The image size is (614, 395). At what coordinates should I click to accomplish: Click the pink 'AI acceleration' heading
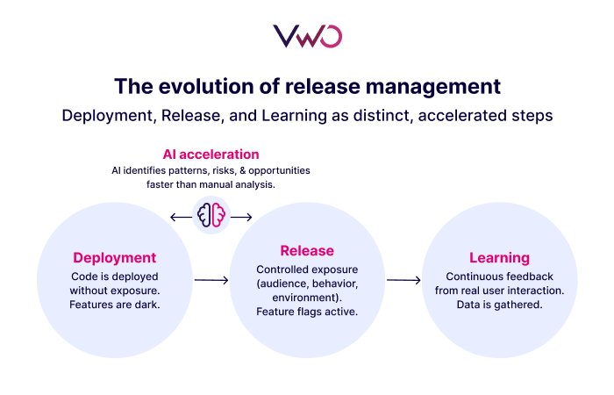coord(211,154)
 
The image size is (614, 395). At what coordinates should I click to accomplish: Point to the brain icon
coord(211,216)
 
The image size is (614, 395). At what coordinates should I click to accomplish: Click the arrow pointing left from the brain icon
coord(180,217)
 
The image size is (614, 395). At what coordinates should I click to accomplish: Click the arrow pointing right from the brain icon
coord(242,217)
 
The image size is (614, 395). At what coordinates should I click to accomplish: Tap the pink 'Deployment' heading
coord(114,258)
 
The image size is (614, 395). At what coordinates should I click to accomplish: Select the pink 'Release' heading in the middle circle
coord(306,251)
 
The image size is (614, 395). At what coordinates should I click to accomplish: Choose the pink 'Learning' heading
coord(498,258)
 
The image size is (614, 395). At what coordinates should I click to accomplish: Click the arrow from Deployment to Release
coord(211,281)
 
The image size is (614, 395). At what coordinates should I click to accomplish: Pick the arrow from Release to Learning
coord(403,281)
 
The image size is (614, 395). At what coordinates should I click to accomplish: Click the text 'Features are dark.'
coord(114,305)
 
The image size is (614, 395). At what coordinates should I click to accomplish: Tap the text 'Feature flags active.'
coord(306,312)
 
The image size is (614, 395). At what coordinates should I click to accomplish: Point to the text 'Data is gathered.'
coord(498,305)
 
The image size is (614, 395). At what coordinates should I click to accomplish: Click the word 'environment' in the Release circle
coord(299,298)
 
